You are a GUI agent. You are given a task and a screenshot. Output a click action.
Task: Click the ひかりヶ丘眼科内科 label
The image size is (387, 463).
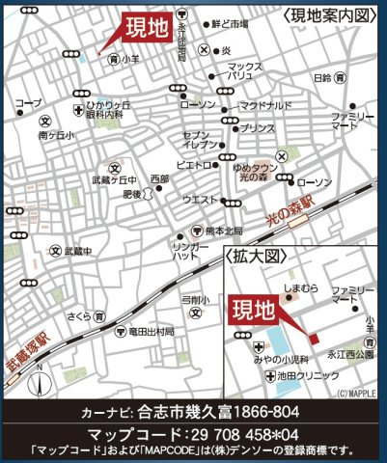106,108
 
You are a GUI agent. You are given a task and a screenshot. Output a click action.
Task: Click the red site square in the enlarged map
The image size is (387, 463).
313,337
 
